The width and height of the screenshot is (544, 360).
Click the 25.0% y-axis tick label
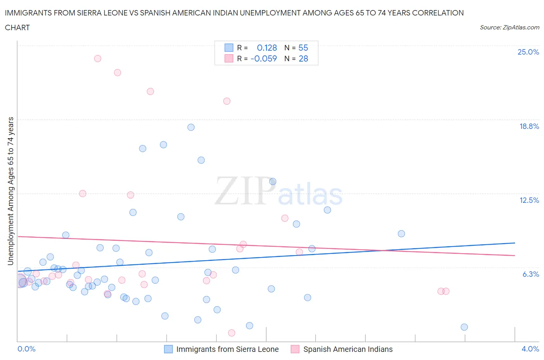coord(528,52)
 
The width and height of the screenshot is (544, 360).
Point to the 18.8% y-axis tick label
coord(529,126)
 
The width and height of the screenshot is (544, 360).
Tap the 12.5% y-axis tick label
coord(529,200)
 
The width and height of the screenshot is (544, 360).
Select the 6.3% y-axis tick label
coord(530,274)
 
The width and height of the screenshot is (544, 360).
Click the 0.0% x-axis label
coord(26,349)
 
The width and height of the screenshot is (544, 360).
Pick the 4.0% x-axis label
coord(530,349)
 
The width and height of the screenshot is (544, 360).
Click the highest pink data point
coord(98,58)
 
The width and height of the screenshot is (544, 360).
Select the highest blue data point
coord(191,127)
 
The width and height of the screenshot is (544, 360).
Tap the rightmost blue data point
coord(464,327)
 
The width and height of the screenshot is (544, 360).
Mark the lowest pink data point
coord(232,333)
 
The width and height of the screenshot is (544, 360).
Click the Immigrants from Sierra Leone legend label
coord(227,349)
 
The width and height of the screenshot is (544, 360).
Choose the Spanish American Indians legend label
coord(347,349)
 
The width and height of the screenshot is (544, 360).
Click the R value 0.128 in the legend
coord(267,48)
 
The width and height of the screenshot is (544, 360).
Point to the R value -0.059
coord(264,58)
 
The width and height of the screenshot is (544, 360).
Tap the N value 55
coord(303,48)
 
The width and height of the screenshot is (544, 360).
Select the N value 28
coord(303,58)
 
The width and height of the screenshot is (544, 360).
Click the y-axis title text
coord(10,191)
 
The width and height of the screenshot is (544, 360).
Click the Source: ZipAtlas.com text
coord(509,27)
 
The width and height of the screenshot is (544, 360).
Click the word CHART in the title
coord(17,27)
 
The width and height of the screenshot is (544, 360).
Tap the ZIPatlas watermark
coord(279,191)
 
